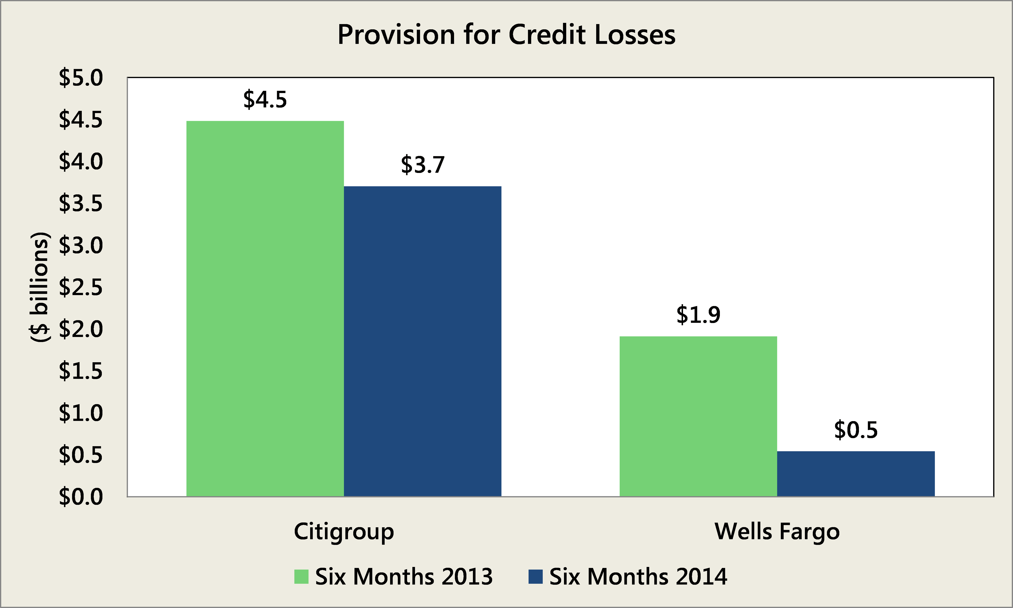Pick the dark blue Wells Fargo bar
pyautogui.click(x=856, y=474)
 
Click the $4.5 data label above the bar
pyautogui.click(x=265, y=100)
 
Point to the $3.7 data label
pyautogui.click(x=423, y=165)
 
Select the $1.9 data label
pyautogui.click(x=698, y=315)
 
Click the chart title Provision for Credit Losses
pyautogui.click(x=506, y=35)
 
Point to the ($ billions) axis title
pyautogui.click(x=40, y=287)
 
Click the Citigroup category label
pyautogui.click(x=344, y=531)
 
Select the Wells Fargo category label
pyautogui.click(x=777, y=531)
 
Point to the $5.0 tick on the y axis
pyautogui.click(x=81, y=78)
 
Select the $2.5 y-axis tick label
pyautogui.click(x=81, y=287)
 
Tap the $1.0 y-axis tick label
pyautogui.click(x=81, y=413)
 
